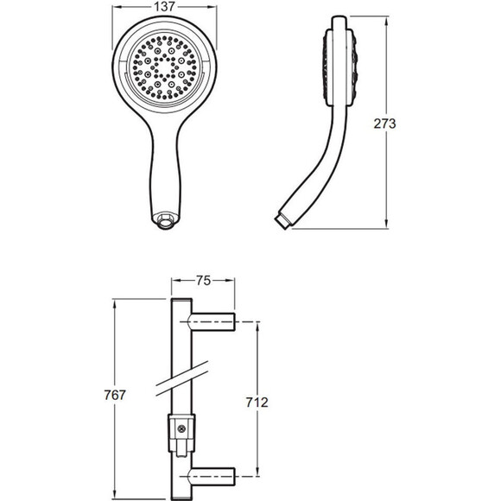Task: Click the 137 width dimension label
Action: click(164, 6)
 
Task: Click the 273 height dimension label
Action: click(384, 124)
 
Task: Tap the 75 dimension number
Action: click(203, 281)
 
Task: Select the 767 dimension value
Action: click(115, 395)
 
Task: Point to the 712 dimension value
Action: click(257, 403)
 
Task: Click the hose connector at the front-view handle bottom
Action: click(166, 219)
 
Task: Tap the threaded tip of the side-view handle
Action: click(282, 221)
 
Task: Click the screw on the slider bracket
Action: click(181, 429)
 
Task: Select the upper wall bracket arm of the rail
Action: click(213, 321)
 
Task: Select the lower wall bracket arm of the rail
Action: click(213, 477)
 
